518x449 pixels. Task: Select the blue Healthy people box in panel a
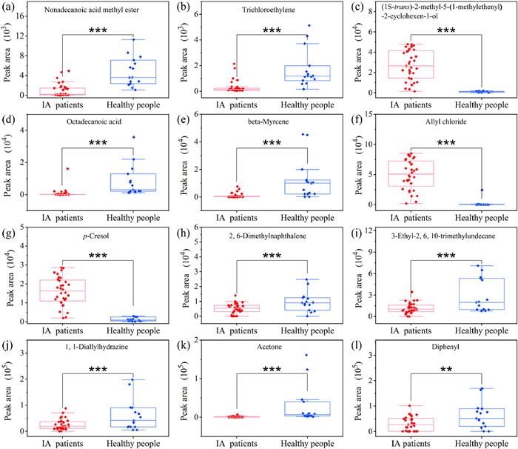(x=124, y=72)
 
